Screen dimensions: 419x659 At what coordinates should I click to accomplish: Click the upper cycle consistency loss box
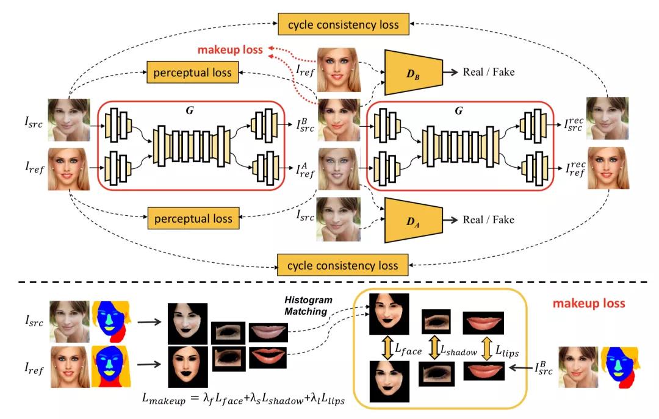click(343, 24)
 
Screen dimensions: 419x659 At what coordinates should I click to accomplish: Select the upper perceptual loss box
click(192, 73)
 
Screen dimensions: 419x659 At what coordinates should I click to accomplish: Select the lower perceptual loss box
click(192, 218)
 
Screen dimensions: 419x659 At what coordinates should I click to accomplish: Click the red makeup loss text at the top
click(230, 49)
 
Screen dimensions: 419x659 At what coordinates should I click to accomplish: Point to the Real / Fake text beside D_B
click(489, 72)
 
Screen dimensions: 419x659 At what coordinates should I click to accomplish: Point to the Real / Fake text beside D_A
click(489, 220)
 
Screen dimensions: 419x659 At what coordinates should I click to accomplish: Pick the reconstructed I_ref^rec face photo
click(607, 167)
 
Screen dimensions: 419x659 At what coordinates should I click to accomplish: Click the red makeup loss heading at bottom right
click(589, 303)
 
